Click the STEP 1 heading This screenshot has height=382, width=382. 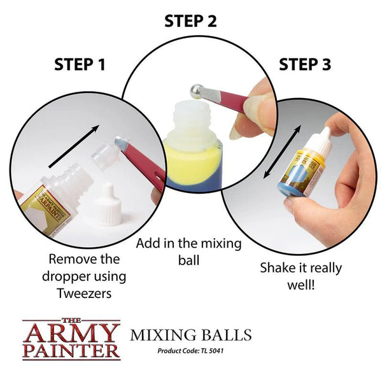tap(80, 64)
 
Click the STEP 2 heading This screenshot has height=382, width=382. tap(190, 21)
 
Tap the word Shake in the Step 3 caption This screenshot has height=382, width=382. tap(278, 268)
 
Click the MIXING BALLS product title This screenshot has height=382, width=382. tap(190, 335)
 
